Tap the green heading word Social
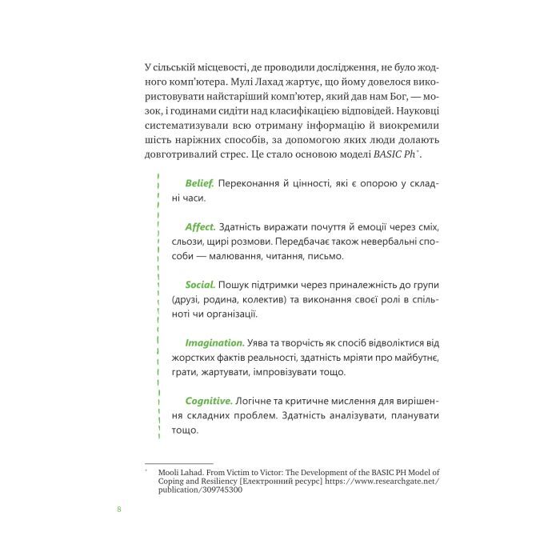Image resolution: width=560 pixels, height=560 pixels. click(x=200, y=284)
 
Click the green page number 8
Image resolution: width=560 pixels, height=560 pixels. click(x=119, y=510)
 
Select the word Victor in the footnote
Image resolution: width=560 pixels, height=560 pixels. click(x=274, y=472)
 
